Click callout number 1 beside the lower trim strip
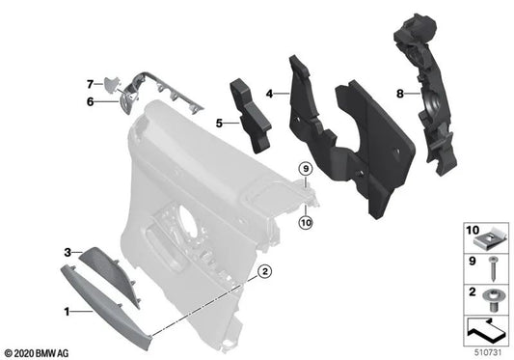coord(66,312)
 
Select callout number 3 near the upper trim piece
coord(67,253)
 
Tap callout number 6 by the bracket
coord(90,100)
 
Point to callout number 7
coord(90,83)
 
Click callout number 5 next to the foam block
coord(219,124)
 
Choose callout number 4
coord(272,94)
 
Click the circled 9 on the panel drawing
coord(305,170)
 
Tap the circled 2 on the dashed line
coord(262,274)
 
